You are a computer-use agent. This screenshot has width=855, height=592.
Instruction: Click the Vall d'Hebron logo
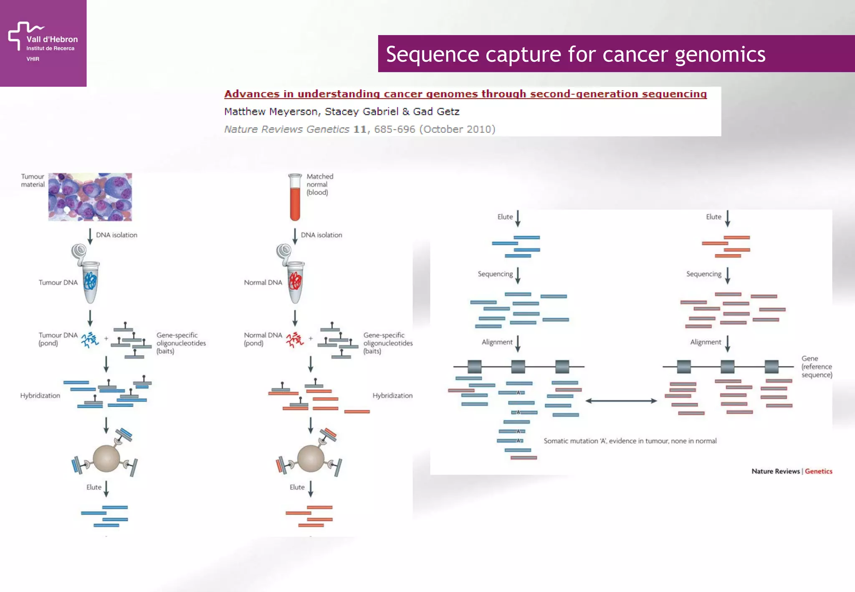43,42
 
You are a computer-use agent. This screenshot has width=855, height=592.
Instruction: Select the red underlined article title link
465,94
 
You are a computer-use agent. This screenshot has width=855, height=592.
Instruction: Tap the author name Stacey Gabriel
361,111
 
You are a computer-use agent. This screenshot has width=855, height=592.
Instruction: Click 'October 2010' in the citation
457,129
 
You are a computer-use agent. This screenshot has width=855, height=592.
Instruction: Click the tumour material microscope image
90,197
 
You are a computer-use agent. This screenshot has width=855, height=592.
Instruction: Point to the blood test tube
295,197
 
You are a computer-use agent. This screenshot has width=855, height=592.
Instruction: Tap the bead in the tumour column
106,458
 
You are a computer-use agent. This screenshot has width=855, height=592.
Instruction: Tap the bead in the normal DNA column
311,458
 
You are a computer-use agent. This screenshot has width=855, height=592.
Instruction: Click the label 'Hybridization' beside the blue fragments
40,395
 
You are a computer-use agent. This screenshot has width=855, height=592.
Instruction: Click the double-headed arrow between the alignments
621,401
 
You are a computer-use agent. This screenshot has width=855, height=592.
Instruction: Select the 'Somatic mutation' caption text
630,441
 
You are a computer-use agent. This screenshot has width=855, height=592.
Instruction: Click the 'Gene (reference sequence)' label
816,367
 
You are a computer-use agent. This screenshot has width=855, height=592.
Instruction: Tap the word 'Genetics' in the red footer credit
818,471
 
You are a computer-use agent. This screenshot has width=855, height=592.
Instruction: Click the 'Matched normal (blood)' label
319,184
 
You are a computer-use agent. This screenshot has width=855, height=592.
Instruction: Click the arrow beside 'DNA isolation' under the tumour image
90,235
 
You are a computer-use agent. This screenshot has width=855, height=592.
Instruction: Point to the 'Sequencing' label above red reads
703,274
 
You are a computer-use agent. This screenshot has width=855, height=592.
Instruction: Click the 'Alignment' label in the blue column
497,342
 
